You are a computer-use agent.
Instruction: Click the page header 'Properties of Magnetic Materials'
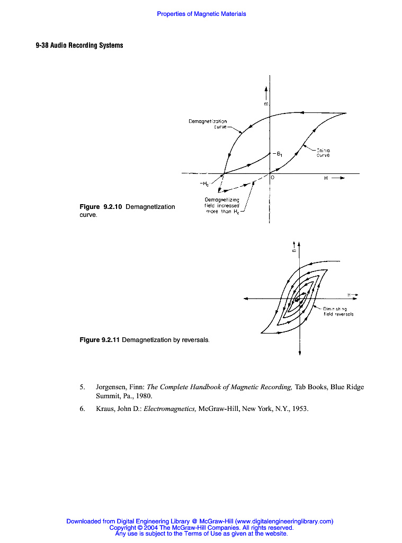201,14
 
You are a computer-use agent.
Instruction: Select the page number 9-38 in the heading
43,46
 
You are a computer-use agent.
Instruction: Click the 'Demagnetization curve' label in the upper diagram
208,124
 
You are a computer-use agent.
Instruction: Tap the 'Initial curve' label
323,153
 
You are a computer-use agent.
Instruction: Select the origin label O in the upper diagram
272,178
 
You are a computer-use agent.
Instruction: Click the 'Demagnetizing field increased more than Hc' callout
222,205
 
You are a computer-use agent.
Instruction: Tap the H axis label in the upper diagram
326,179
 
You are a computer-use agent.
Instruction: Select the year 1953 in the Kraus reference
299,408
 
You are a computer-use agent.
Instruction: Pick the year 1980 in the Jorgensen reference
143,396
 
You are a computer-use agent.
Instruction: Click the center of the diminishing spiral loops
298,300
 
